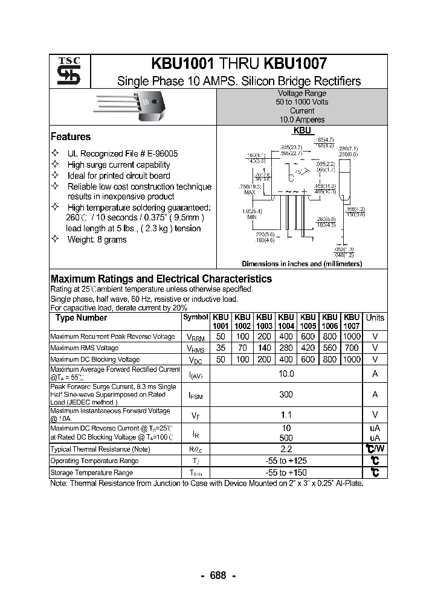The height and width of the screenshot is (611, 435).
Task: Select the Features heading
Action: [x=71, y=137]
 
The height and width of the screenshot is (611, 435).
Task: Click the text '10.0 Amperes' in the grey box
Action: [x=301, y=120]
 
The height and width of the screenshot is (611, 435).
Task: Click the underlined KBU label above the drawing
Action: [x=302, y=130]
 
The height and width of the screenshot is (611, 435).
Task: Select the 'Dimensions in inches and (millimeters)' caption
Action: [x=301, y=264]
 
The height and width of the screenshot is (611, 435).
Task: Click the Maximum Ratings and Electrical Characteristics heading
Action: [x=161, y=279]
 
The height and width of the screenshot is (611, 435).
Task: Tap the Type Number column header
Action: [x=81, y=318]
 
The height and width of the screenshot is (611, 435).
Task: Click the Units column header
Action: [x=375, y=318]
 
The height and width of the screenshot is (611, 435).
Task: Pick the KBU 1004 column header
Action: [x=286, y=321]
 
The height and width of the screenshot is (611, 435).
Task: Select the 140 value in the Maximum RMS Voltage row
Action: [x=264, y=348]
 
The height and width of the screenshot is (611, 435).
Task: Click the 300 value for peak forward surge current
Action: [x=286, y=394]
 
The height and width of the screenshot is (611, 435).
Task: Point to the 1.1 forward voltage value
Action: [x=286, y=415]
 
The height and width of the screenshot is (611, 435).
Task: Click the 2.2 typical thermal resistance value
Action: [x=286, y=449]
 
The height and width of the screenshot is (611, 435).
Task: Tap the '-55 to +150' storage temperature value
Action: [x=286, y=472]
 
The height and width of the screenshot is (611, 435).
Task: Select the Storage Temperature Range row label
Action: [x=91, y=473]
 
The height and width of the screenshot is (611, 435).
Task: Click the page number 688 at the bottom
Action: [x=217, y=575]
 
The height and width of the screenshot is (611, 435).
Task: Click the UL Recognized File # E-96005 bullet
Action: [x=123, y=154]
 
